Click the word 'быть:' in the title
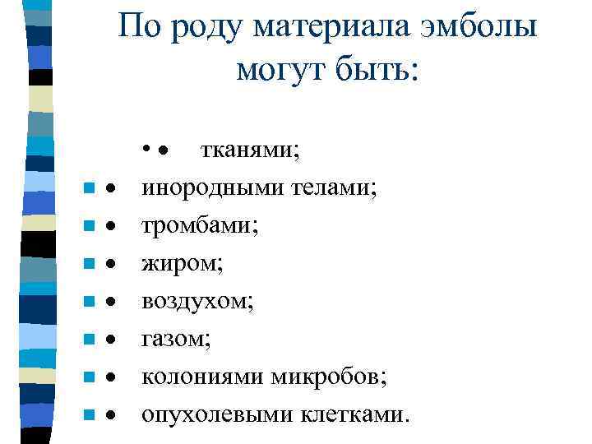pyautogui.click(x=378, y=71)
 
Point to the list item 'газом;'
pyautogui.click(x=176, y=340)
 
